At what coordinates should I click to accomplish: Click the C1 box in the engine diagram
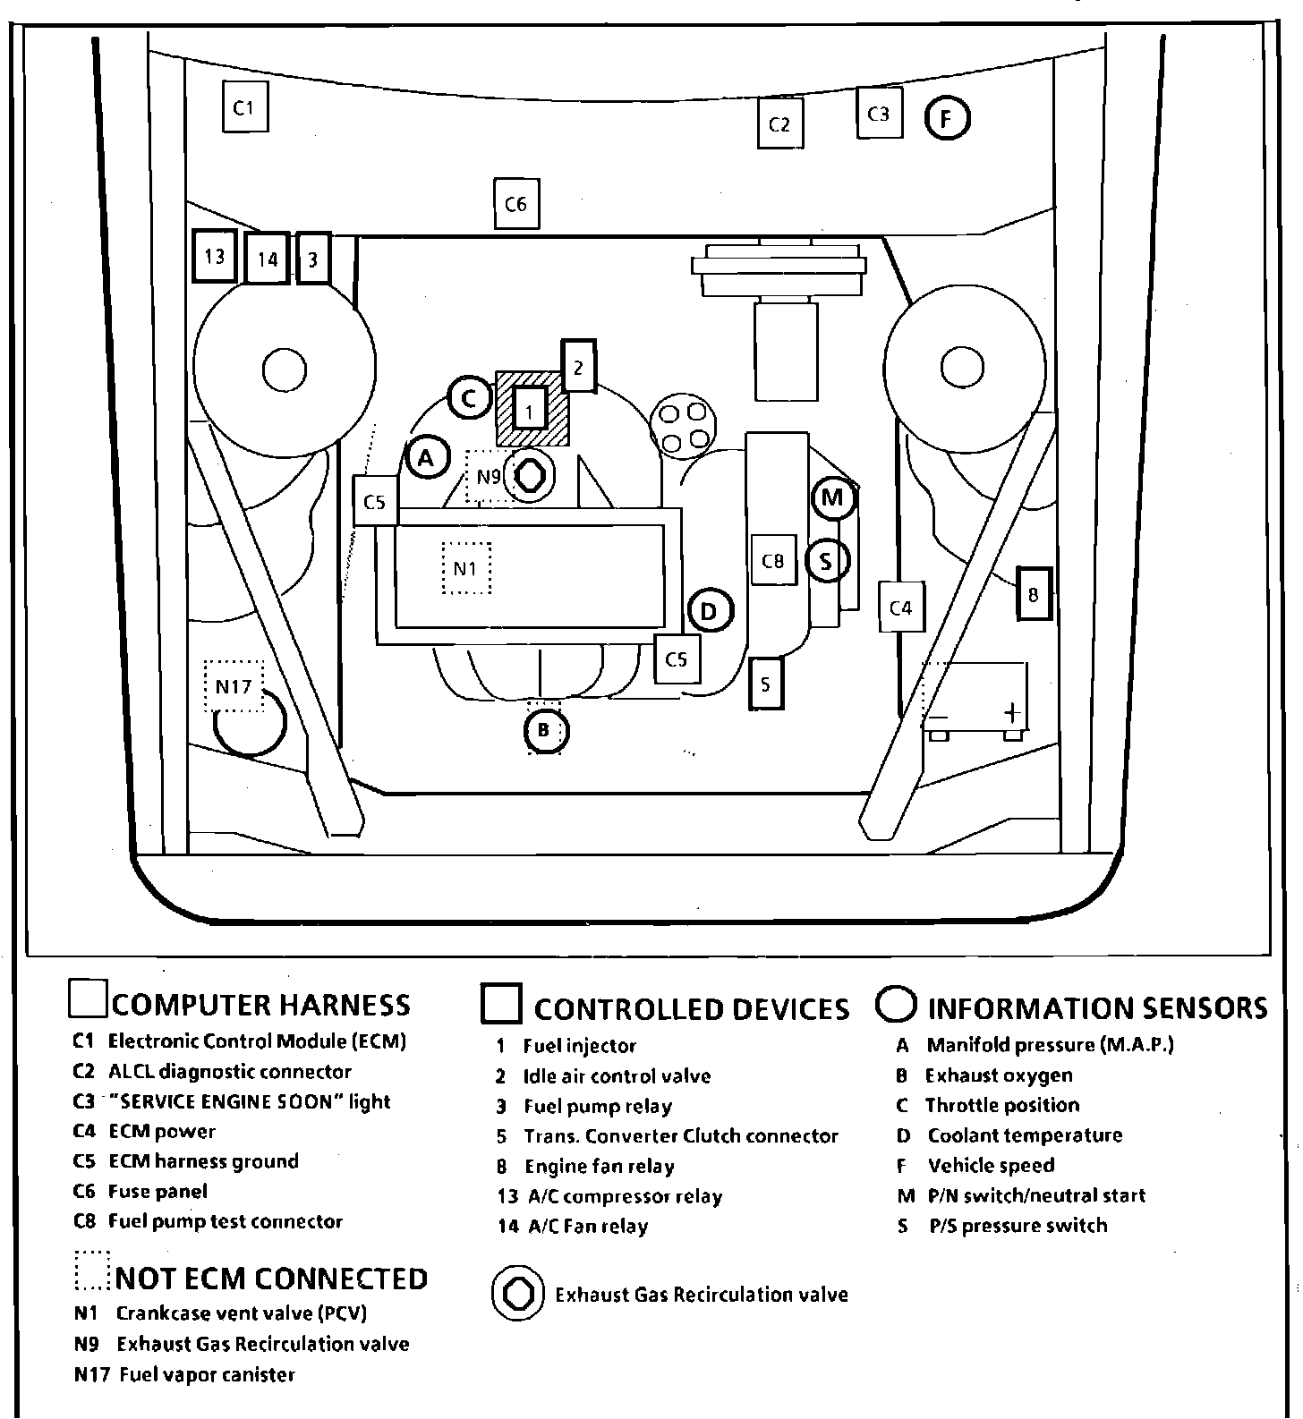click(x=244, y=107)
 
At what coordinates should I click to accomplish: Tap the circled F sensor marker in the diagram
click(x=947, y=118)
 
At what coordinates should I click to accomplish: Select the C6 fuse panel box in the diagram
click(x=516, y=204)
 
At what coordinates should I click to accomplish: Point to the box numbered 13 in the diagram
click(x=215, y=257)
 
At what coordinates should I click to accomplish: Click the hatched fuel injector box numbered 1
click(x=531, y=411)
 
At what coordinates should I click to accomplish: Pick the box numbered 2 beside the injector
click(x=578, y=366)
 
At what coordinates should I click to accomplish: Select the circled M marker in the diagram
click(x=834, y=498)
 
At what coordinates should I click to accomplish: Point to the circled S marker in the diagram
click(x=827, y=561)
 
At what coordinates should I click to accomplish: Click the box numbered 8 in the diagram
click(x=1034, y=594)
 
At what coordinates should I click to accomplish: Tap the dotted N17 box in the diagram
click(x=234, y=686)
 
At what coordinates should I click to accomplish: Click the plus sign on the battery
click(x=1012, y=712)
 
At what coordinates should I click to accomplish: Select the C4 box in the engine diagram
click(x=900, y=608)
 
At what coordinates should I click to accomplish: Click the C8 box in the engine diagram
click(x=773, y=561)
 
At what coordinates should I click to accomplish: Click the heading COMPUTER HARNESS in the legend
click(x=260, y=1005)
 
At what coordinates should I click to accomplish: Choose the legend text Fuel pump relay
click(x=597, y=1107)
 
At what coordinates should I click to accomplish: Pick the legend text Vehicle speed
click(x=991, y=1166)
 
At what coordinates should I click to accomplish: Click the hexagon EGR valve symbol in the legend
click(x=517, y=1294)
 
